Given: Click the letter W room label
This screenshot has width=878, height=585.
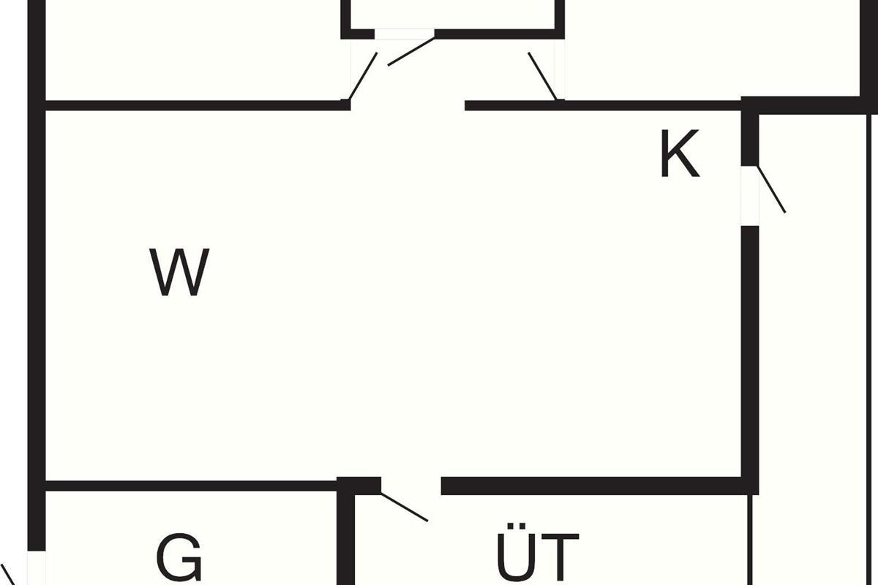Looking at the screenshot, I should pyautogui.click(x=180, y=273).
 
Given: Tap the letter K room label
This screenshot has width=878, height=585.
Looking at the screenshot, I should pyautogui.click(x=680, y=156).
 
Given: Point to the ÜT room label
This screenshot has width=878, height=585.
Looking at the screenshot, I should pyautogui.click(x=538, y=557).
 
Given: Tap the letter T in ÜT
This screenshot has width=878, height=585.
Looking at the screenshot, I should pyautogui.click(x=560, y=557).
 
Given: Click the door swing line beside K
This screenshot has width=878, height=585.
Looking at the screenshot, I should pyautogui.click(x=771, y=189).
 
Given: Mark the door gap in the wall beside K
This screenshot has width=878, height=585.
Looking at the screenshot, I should pyautogui.click(x=750, y=195).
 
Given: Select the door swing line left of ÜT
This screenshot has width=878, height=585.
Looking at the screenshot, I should pyautogui.click(x=404, y=507).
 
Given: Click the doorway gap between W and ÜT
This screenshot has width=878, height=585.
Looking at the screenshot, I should pyautogui.click(x=411, y=486).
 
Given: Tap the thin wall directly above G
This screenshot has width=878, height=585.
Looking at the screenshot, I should pyautogui.click(x=190, y=486).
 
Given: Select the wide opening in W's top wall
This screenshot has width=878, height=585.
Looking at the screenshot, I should pyautogui.click(x=407, y=105).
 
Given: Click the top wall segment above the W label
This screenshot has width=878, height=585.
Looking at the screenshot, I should pyautogui.click(x=194, y=105).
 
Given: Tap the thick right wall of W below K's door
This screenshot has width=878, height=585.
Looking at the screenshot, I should pyautogui.click(x=750, y=351).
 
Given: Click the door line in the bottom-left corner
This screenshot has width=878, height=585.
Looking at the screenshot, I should pyautogui.click(x=7, y=574).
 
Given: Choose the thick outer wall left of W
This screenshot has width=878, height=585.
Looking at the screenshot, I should pyautogui.click(x=37, y=292).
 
